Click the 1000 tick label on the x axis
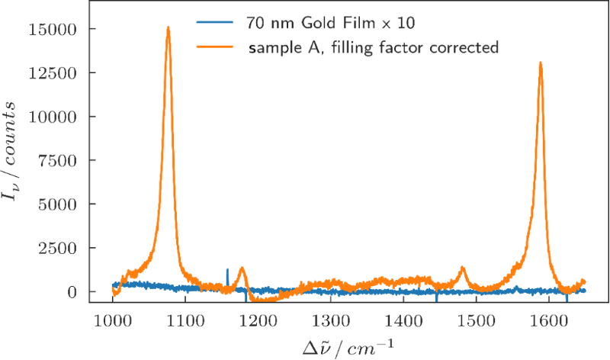[x=112, y=318]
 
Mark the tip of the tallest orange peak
[x=168, y=28]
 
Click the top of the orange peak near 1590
[x=541, y=63]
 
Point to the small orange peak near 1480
[x=462, y=268]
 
